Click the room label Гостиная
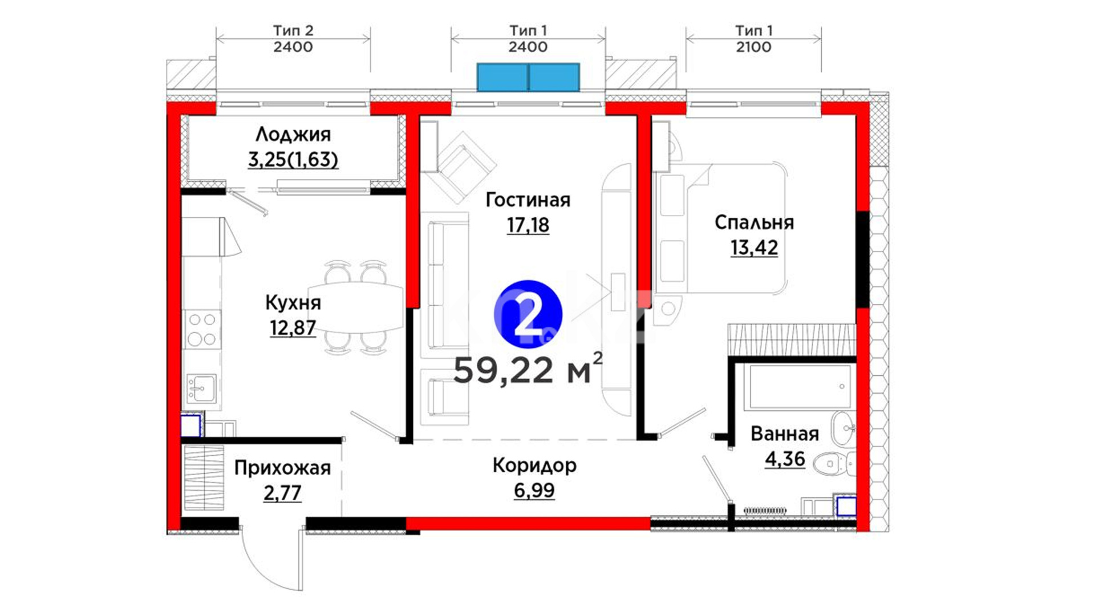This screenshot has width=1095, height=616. tap(528, 200)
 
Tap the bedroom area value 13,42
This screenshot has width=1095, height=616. tap(754, 248)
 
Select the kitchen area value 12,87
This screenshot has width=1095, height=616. tap(293, 327)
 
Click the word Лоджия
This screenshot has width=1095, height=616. tap(293, 135)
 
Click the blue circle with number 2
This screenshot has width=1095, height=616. tap(528, 314)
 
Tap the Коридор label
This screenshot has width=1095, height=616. tap(534, 465)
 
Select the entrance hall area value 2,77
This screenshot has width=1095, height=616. tap(282, 492)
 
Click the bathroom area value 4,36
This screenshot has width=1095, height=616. tap(785, 459)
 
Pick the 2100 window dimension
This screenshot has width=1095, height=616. tap(753, 47)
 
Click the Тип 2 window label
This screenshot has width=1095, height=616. tap(293, 30)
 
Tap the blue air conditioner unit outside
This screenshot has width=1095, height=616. tap(528, 78)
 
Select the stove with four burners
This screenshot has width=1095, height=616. tap(202, 329)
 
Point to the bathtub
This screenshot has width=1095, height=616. tap(798, 387)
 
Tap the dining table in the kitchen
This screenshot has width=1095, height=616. tap(356, 307)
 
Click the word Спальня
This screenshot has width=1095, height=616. tap(754, 222)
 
